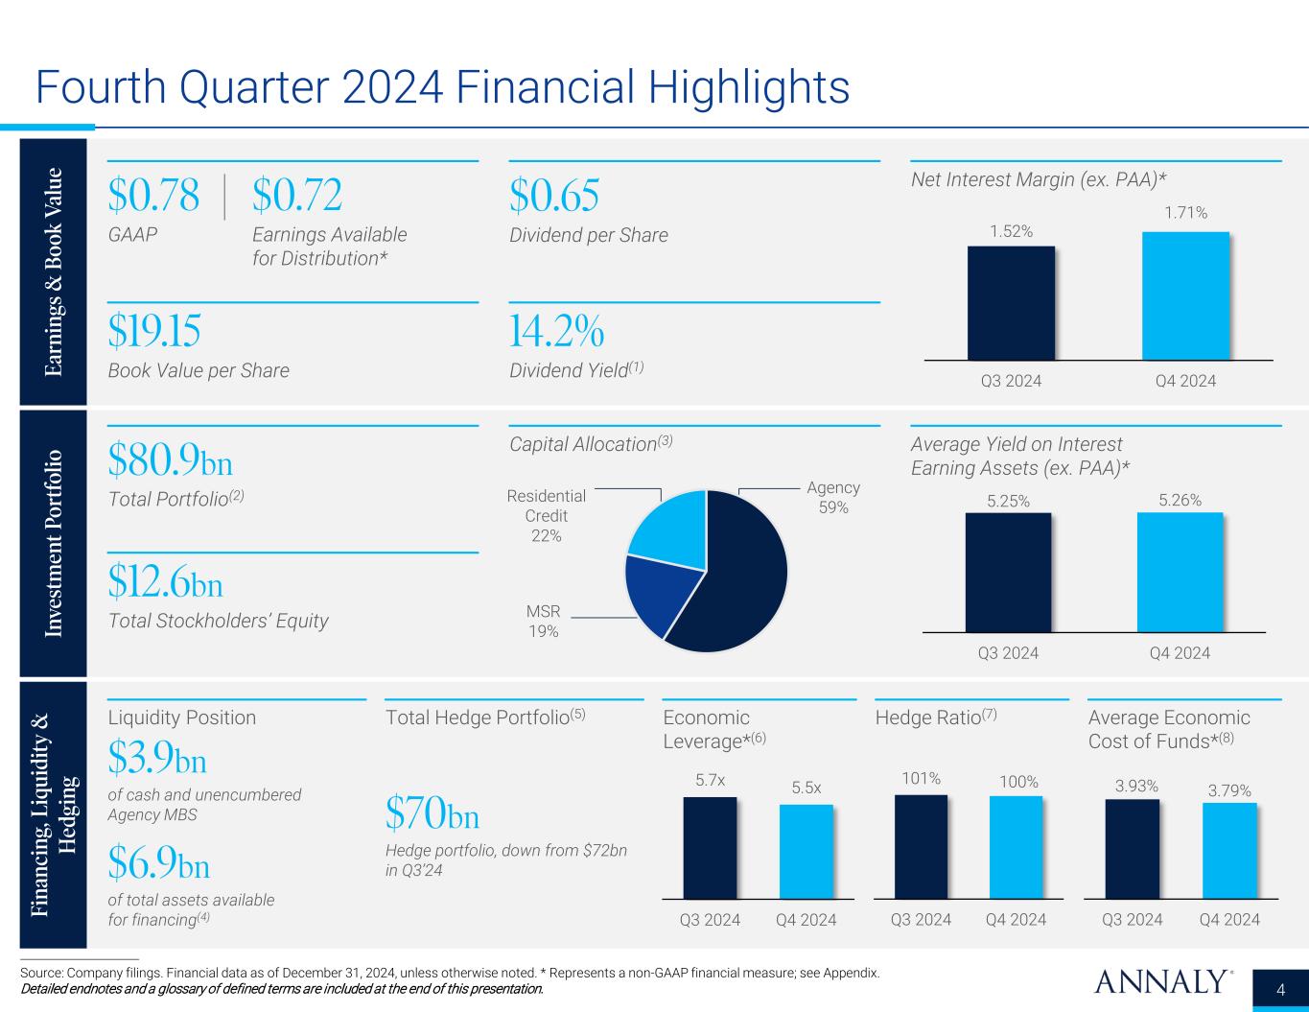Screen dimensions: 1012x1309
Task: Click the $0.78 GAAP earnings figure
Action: (153, 197)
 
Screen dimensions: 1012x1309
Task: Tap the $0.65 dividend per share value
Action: (554, 197)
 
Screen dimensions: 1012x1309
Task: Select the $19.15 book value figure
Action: (154, 332)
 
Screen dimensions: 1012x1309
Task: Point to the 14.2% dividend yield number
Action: (556, 332)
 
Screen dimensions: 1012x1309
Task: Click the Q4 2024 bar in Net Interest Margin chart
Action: (1185, 295)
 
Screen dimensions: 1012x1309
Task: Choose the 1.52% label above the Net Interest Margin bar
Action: (1011, 231)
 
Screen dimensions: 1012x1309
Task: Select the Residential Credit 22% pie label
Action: (547, 516)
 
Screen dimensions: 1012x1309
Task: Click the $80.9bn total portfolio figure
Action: (171, 462)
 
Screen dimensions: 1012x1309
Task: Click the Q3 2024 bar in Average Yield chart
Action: (1008, 572)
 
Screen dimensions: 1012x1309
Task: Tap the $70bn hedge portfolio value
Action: (432, 815)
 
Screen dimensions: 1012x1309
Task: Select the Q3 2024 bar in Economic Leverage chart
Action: (710, 847)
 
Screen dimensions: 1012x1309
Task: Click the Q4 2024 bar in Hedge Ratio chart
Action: (1016, 847)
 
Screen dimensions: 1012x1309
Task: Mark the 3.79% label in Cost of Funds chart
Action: (1229, 790)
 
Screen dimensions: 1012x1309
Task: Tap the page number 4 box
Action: (1281, 990)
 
